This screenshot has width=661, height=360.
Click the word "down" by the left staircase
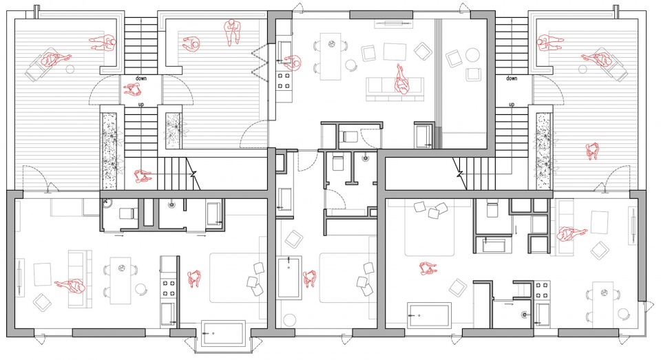click(x=140, y=78)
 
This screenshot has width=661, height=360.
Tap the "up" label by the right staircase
click(x=512, y=104)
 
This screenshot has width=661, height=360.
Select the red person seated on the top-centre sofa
click(x=401, y=79)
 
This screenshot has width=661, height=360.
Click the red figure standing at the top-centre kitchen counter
click(x=293, y=63)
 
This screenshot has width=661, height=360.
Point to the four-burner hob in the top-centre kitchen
click(x=284, y=81)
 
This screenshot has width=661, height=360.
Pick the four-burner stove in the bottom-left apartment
click(x=169, y=288)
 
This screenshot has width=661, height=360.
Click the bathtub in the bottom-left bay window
click(x=223, y=333)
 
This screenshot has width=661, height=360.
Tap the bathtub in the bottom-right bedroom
click(x=429, y=315)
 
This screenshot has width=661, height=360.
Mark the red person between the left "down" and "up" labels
click(x=132, y=89)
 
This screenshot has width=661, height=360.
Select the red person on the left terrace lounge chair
click(x=55, y=59)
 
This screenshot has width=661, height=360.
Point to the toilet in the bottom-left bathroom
click(x=127, y=213)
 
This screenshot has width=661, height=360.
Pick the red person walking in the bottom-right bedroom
click(x=428, y=268)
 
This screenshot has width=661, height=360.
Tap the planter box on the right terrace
click(x=543, y=151)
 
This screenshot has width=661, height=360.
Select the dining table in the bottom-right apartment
click(x=603, y=301)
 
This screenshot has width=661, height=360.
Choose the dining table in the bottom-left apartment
click(x=120, y=280)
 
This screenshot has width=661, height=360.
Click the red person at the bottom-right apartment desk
click(x=571, y=234)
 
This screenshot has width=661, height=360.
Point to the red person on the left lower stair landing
click(x=143, y=176)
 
